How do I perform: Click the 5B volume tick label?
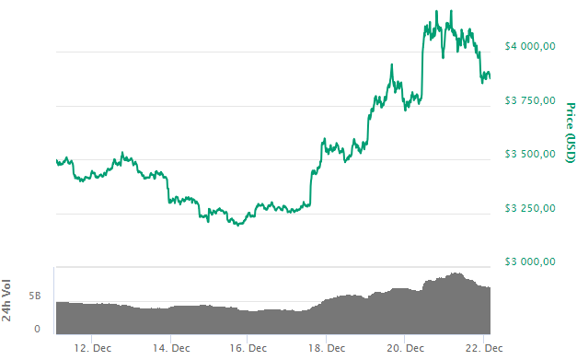[34, 296]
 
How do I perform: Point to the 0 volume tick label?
[37, 328]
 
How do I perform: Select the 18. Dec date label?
[328, 348]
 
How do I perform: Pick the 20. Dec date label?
[406, 348]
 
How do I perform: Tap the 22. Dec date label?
[482, 348]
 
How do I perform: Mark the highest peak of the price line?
[451, 11]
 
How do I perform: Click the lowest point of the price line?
[239, 225]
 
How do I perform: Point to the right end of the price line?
[490, 77]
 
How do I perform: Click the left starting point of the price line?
[56, 161]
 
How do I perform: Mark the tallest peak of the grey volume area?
[456, 273]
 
